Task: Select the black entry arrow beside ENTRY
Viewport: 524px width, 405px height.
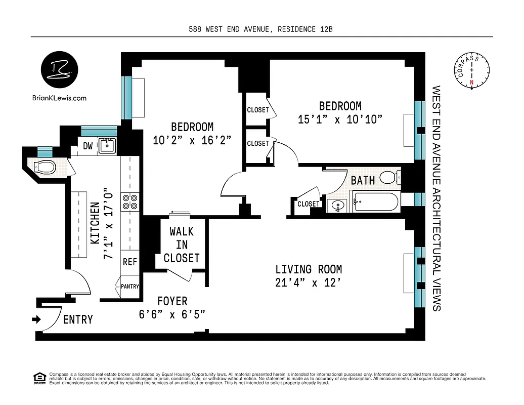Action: point(36,319)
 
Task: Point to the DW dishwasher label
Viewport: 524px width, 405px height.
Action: point(88,146)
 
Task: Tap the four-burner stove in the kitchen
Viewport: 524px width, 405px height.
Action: point(130,202)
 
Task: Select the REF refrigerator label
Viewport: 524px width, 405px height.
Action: point(130,262)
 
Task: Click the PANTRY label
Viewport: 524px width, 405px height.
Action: point(130,287)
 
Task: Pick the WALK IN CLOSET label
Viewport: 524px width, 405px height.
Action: point(181,245)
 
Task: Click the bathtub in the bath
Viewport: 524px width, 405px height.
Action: point(375,201)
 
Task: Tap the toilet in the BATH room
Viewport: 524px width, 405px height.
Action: point(389,177)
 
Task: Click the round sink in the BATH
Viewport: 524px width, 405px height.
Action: point(337,205)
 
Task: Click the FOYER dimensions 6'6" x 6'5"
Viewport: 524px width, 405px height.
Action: point(172,314)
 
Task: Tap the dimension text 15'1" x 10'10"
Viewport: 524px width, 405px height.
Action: point(339,119)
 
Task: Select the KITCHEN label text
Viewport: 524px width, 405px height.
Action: point(95,223)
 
